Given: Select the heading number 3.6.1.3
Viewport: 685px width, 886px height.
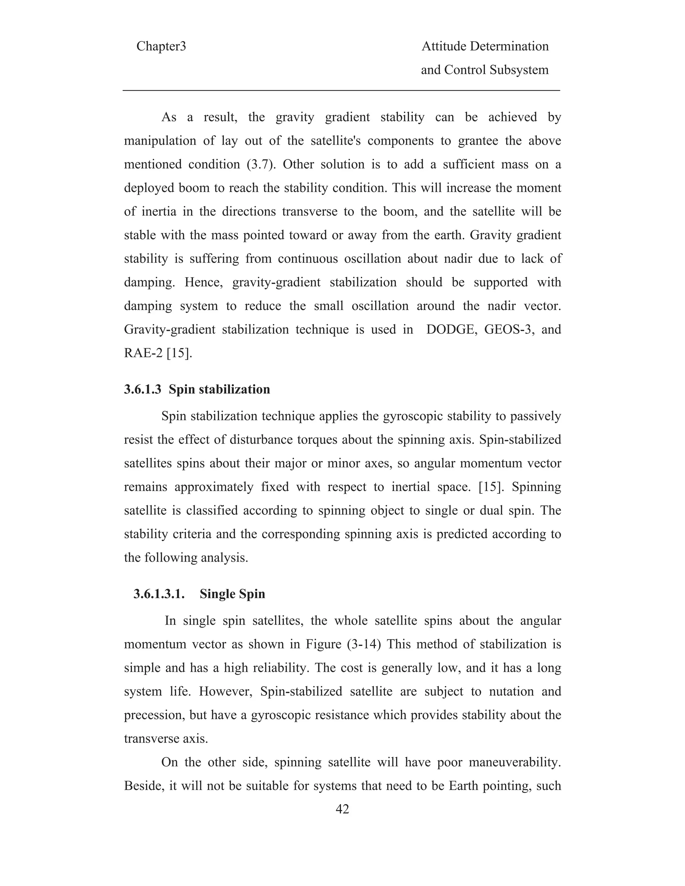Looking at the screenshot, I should point(142,390).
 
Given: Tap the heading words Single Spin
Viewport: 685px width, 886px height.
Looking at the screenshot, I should point(232,594).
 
